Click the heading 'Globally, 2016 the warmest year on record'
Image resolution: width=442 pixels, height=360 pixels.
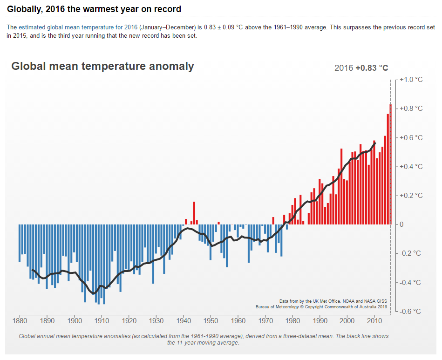[x=94, y=9]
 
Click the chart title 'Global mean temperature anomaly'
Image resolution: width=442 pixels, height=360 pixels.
[x=102, y=66]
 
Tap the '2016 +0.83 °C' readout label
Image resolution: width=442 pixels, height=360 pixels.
[x=361, y=68]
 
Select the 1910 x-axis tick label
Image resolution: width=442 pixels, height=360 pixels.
[x=102, y=320]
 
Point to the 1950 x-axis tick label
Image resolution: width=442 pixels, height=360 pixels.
[x=211, y=320]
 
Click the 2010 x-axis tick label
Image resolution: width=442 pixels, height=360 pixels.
[x=374, y=320]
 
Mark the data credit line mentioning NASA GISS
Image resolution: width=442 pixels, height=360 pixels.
[x=333, y=301]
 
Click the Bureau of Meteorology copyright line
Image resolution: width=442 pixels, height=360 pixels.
[x=321, y=307]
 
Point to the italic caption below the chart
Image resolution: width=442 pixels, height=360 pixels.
[x=204, y=339]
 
